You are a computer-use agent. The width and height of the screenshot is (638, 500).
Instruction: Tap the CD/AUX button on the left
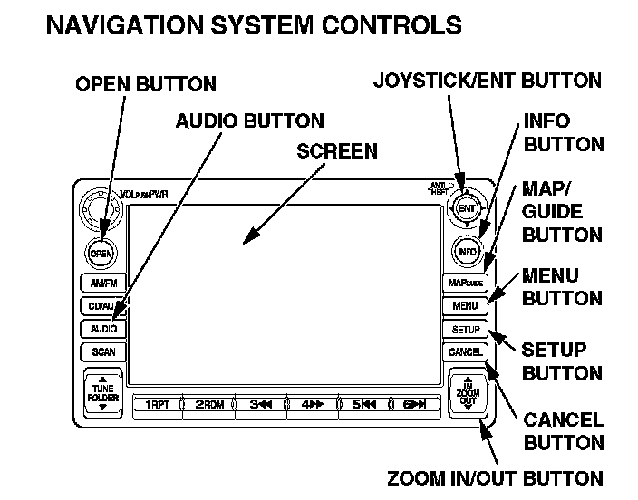coord(101,306)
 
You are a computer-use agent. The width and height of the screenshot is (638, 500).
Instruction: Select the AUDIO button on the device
coord(102,329)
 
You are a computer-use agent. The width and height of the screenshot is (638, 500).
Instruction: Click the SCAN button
coord(102,351)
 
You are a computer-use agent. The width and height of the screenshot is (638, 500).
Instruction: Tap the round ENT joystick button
coord(467,208)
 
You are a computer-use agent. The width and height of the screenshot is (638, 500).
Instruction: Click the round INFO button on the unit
coord(467,252)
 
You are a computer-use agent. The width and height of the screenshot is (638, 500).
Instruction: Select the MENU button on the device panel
coord(465,306)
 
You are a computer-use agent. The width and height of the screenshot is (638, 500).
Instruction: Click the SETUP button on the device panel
coord(465,330)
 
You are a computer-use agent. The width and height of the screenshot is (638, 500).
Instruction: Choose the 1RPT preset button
coord(156,404)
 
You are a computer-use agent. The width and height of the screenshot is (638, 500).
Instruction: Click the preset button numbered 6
coord(413,404)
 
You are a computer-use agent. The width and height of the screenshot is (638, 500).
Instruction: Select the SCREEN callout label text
coord(337,151)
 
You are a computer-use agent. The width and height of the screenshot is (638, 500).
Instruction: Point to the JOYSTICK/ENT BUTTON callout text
coord(487,82)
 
